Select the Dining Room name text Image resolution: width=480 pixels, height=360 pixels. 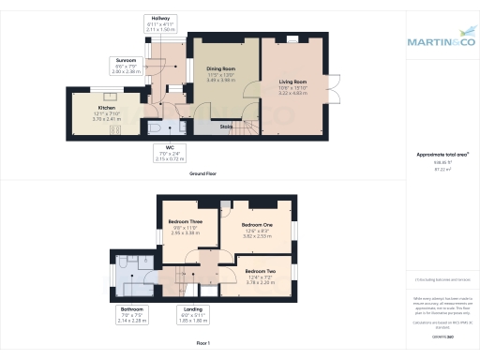[x=220, y=68]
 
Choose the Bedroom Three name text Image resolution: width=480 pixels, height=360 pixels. [x=178, y=221]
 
